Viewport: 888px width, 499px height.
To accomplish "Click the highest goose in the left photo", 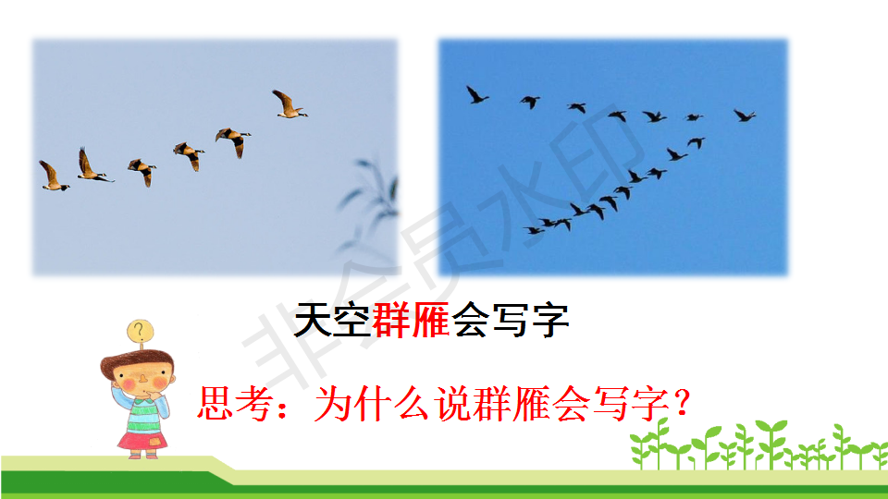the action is coord(290,104).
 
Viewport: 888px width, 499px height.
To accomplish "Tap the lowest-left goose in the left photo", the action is coord(54,176).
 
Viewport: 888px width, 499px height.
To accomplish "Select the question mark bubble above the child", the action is coord(140,332).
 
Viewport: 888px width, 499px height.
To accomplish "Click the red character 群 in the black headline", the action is coord(390,320).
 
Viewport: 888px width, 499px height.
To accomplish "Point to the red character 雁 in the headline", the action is coord(430,320).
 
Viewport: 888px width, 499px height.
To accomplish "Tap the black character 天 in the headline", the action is coord(314,320).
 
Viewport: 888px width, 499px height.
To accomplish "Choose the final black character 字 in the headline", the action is coord(549,320).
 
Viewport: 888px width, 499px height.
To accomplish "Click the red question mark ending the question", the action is coord(683,403).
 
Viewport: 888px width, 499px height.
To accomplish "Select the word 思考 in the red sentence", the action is coord(234,404).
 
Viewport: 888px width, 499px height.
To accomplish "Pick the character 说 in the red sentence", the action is coord(452,404).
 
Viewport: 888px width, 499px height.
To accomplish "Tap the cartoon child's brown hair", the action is coord(136,362).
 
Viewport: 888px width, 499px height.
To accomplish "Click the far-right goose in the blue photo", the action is coord(744,116).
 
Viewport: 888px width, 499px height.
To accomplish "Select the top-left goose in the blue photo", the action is coord(476,95).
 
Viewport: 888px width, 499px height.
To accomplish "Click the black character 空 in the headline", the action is coord(351,320).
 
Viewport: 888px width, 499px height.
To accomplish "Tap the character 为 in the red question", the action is coord(332,404).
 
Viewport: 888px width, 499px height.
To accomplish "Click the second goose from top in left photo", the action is coord(233,141).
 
